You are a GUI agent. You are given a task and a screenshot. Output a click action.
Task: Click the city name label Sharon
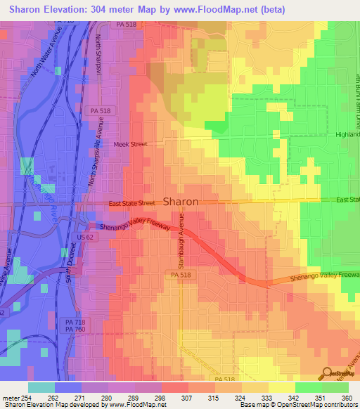(181, 201)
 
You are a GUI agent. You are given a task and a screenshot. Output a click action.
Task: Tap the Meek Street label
(130, 144)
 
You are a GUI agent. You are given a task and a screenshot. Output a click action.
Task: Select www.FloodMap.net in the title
(219, 9)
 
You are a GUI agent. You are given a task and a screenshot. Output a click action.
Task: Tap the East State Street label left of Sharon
(131, 203)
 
